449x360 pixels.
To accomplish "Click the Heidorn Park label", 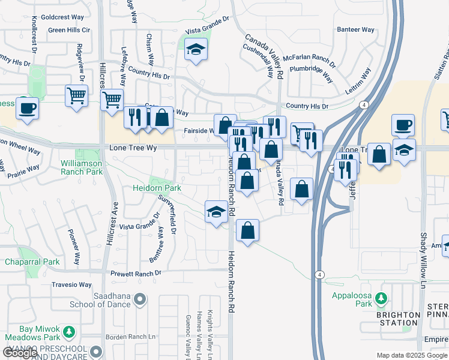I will [157, 188].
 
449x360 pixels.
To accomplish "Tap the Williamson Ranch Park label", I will [81, 167].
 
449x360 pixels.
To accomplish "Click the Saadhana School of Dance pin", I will [140, 298].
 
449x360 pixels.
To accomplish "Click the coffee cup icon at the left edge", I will [26, 108].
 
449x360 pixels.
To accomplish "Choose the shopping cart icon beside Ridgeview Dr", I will [76, 95].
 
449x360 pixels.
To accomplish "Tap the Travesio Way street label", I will [71, 285].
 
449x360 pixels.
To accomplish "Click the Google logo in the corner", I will [20, 352].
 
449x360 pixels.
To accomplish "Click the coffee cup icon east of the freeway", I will [403, 125].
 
